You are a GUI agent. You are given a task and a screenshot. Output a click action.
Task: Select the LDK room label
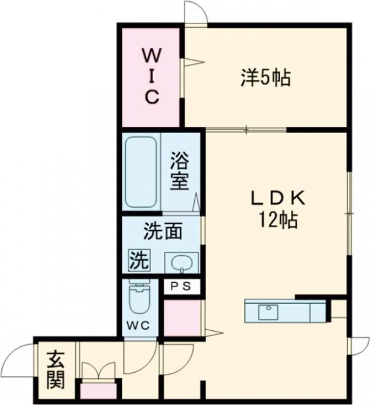277,199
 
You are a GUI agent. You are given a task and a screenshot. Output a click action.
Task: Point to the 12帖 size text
277,220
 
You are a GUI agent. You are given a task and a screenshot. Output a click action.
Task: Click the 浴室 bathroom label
180,171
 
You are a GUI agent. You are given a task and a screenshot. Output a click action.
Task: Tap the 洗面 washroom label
163,232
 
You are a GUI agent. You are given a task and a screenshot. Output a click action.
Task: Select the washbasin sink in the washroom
181,261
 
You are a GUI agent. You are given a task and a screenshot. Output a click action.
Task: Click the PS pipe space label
181,287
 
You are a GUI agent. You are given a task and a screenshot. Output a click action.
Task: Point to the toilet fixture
137,299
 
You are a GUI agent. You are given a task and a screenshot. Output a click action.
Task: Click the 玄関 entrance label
55,370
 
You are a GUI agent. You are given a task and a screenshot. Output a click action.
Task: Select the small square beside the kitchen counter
338,309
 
